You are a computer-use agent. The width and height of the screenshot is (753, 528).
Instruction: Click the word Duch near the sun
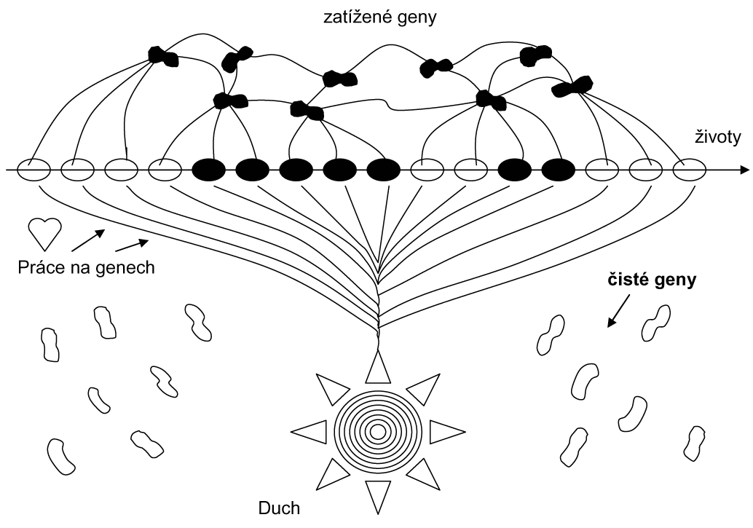tap(280, 508)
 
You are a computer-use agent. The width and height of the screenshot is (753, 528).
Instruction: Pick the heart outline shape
tap(43, 232)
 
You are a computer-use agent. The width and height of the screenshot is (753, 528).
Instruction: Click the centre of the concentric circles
tap(377, 431)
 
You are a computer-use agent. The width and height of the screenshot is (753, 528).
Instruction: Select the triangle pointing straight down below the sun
tap(377, 497)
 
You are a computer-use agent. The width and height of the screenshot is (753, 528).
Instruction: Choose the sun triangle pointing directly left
tap(311, 431)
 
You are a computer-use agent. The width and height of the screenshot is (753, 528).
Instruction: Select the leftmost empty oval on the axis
tap(34, 170)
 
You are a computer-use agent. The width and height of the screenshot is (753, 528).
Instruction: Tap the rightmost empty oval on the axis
tap(689, 170)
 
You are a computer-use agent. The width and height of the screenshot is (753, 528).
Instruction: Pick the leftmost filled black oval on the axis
tap(209, 170)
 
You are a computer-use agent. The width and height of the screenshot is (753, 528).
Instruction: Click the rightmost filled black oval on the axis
tap(559, 170)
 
